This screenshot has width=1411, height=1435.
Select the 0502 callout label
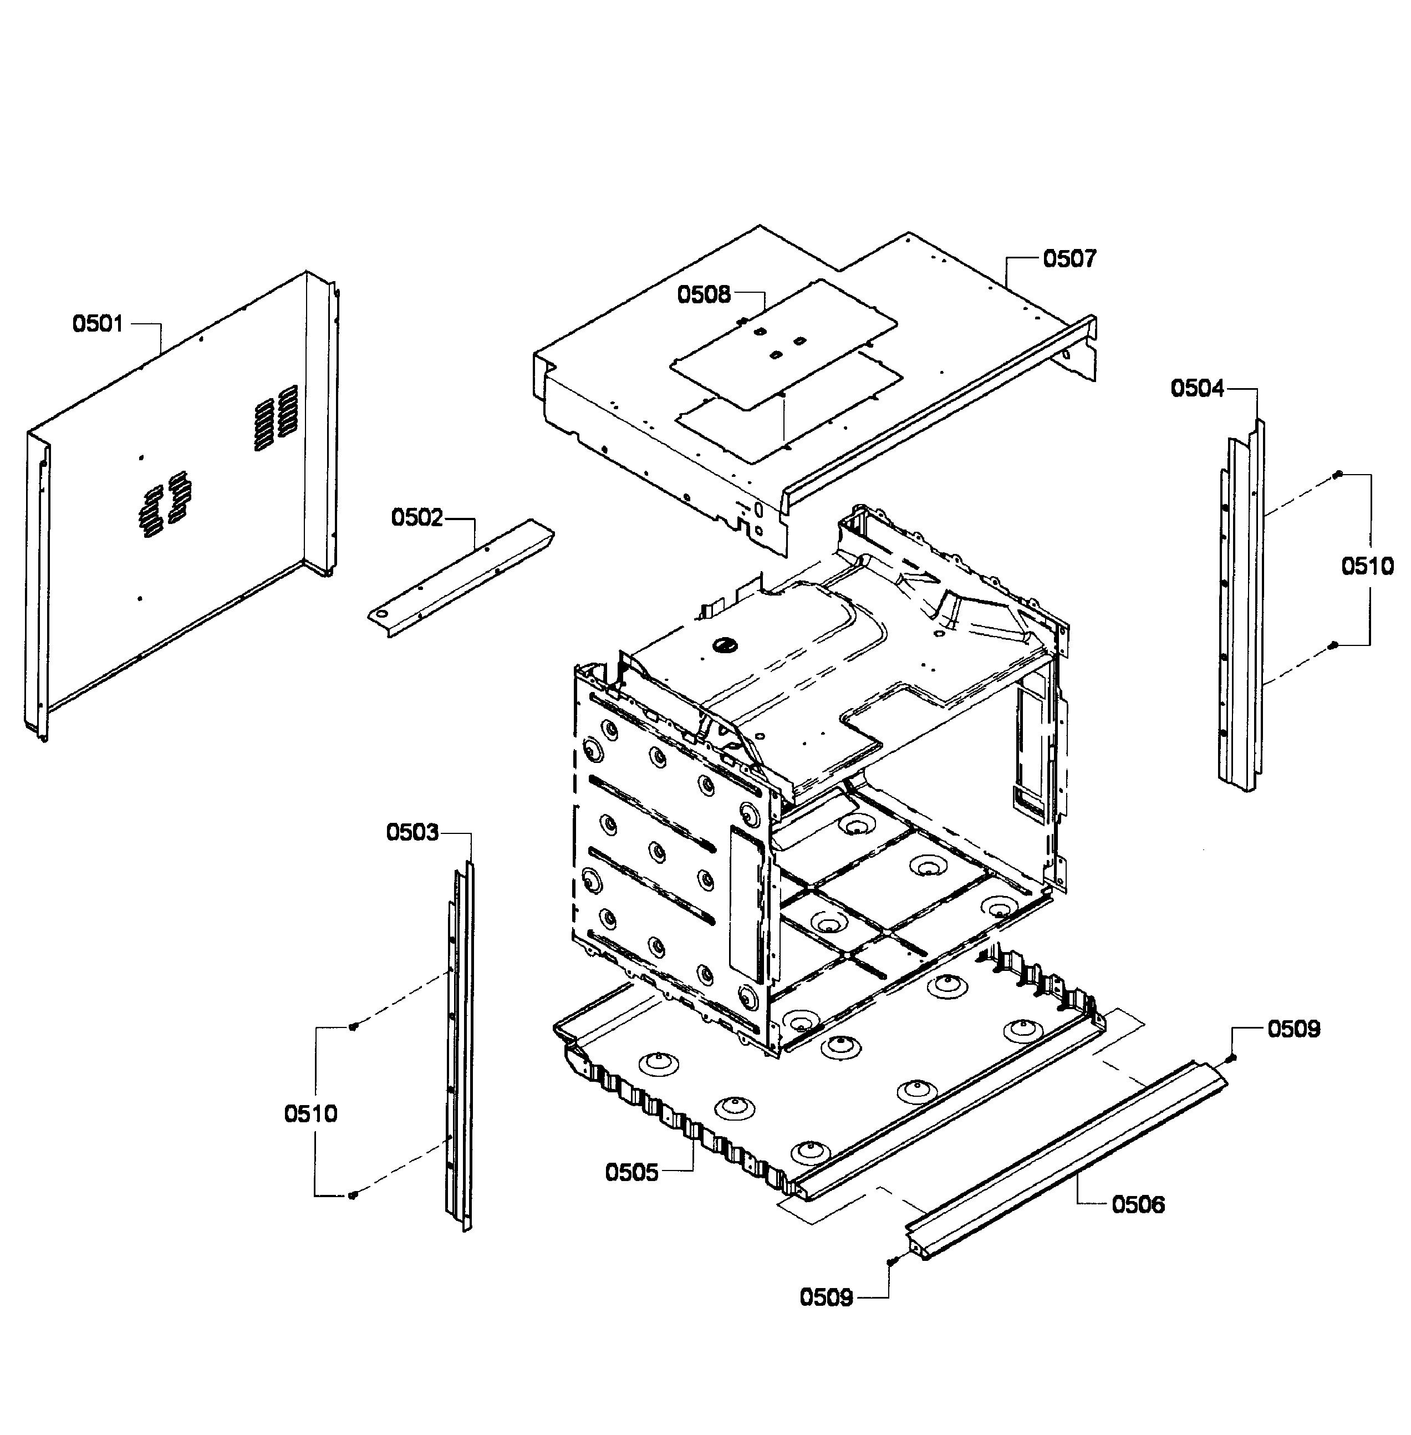[416, 517]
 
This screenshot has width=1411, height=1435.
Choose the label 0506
[1138, 1204]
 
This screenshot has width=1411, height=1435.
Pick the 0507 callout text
[1069, 259]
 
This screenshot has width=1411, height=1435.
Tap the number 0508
[704, 295]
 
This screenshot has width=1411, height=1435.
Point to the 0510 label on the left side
[310, 1113]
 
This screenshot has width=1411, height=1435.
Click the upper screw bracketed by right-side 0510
[1338, 475]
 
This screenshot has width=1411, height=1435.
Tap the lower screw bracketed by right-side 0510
[1333, 645]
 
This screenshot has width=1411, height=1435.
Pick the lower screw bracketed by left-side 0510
[353, 1195]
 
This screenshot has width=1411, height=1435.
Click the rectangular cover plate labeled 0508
[786, 341]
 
